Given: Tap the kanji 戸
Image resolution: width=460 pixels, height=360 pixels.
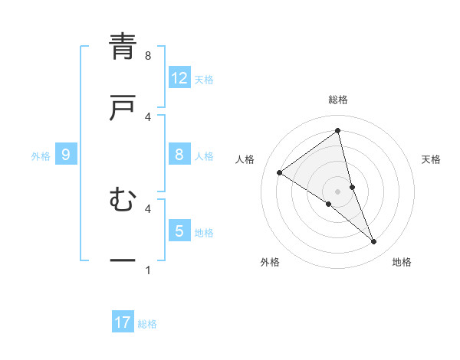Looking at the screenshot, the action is click(x=123, y=108).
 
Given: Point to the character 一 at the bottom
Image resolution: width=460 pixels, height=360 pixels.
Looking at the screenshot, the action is click(x=123, y=261).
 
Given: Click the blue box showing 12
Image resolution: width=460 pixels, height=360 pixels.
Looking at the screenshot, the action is click(x=179, y=78).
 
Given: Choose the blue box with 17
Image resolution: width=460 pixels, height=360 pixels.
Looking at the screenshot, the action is click(x=123, y=322).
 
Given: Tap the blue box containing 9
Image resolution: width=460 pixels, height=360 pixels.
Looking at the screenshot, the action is click(x=66, y=155).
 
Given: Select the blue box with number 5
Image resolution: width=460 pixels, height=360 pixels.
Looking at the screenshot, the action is click(x=179, y=231).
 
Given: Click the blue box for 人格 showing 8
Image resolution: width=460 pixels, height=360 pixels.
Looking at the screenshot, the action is click(x=179, y=155).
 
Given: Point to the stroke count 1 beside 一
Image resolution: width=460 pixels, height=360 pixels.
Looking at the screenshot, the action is click(x=148, y=270).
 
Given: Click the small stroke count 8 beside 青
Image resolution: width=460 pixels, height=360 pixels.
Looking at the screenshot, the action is click(x=148, y=55).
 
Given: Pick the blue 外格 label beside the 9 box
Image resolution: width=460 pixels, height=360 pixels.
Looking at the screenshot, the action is click(x=41, y=155).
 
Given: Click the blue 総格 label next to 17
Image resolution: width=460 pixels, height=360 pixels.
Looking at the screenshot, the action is click(x=147, y=324).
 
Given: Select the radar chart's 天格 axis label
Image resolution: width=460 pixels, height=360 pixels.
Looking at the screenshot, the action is click(x=432, y=159).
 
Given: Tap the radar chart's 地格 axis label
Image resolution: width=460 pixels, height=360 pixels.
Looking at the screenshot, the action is click(x=402, y=262).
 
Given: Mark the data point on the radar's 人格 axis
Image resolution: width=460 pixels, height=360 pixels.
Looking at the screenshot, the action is click(x=280, y=172).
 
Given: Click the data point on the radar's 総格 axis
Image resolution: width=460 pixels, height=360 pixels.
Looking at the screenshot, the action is click(x=338, y=130).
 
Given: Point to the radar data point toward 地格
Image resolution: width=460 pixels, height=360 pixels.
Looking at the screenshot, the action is click(x=374, y=241).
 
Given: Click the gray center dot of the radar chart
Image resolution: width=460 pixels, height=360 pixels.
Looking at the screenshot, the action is click(x=338, y=191).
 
